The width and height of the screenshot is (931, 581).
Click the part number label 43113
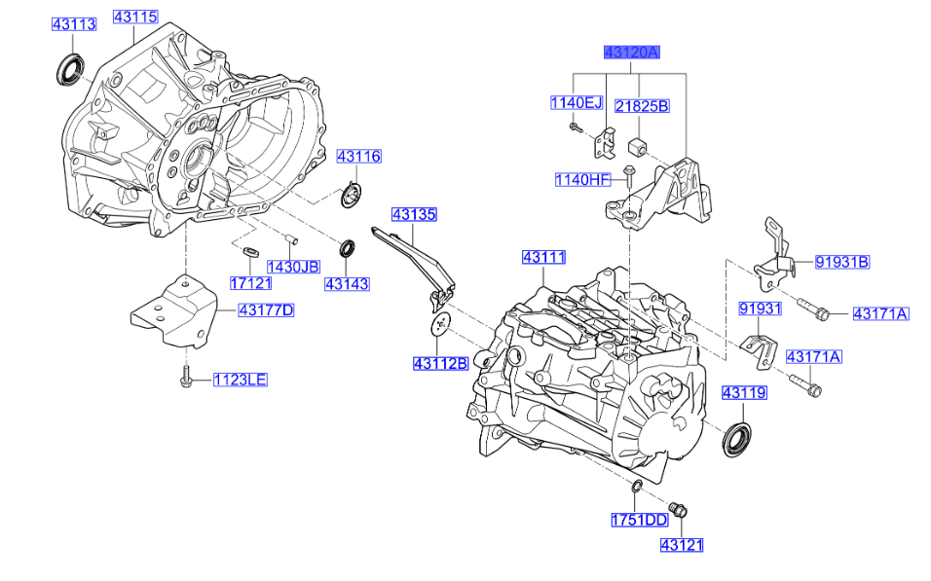[74, 24]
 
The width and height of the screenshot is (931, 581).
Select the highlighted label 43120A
[631, 53]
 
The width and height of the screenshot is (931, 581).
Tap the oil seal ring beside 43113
[68, 70]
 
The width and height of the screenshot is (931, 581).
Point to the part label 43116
[359, 156]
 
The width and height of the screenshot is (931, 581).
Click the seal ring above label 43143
[347, 248]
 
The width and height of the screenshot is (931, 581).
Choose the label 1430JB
[293, 266]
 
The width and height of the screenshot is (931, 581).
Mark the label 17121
[250, 282]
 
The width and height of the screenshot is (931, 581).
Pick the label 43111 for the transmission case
[542, 257]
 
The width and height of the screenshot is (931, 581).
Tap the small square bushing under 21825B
[640, 147]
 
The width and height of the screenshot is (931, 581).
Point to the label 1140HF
[581, 179]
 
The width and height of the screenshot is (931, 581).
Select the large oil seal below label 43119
[737, 437]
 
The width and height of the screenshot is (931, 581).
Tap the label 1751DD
[639, 521]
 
